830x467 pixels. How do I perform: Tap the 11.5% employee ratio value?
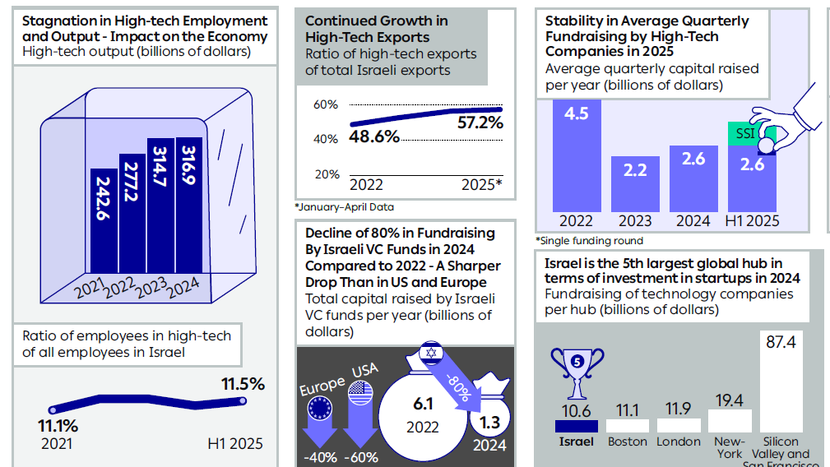click(243, 384)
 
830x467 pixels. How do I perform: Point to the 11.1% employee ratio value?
click(58, 426)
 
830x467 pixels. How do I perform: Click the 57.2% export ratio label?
click(480, 123)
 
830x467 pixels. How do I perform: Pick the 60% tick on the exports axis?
click(326, 105)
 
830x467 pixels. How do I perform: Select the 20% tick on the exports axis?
click(326, 174)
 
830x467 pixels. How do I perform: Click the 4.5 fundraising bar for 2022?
click(576, 155)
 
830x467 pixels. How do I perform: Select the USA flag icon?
click(361, 393)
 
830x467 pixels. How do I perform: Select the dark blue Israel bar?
click(576, 426)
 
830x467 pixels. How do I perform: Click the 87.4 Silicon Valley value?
click(780, 342)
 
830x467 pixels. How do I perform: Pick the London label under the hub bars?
click(678, 442)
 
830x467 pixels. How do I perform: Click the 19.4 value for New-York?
click(729, 400)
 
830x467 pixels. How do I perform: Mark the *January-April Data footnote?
click(343, 207)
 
